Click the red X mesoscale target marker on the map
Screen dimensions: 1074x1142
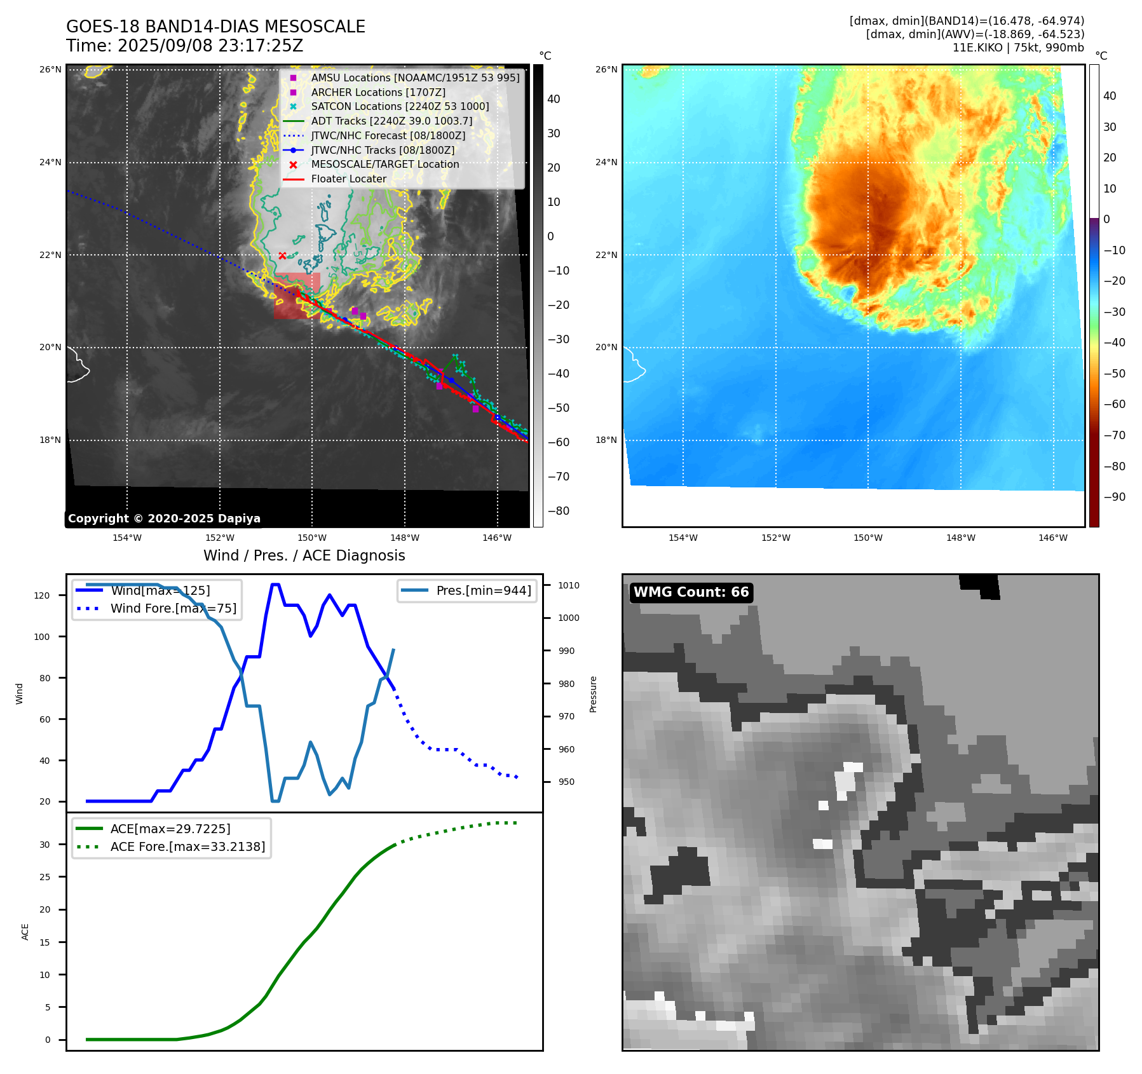click(282, 255)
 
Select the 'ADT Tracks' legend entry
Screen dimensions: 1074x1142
click(391, 121)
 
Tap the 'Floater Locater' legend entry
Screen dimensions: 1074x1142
click(348, 179)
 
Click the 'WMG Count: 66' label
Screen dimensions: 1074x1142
click(691, 592)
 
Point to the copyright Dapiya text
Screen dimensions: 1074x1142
click(164, 519)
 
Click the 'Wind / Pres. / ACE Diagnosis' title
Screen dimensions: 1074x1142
click(304, 555)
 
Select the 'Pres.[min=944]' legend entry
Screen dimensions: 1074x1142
click(483, 590)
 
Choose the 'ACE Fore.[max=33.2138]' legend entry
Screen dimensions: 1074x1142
click(187, 846)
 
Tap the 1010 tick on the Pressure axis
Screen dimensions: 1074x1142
click(569, 585)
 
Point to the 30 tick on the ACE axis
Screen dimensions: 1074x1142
click(45, 845)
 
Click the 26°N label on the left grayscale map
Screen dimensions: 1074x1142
click(50, 69)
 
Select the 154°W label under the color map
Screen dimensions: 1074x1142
click(683, 538)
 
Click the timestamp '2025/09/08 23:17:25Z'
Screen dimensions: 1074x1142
click(210, 46)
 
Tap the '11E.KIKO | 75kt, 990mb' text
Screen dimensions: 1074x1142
click(1018, 48)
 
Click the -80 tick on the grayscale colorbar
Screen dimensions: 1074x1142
click(559, 511)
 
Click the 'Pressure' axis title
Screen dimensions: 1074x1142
click(593, 694)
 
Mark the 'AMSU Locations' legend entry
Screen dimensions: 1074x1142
click(415, 78)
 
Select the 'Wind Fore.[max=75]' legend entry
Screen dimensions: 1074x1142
click(173, 608)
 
